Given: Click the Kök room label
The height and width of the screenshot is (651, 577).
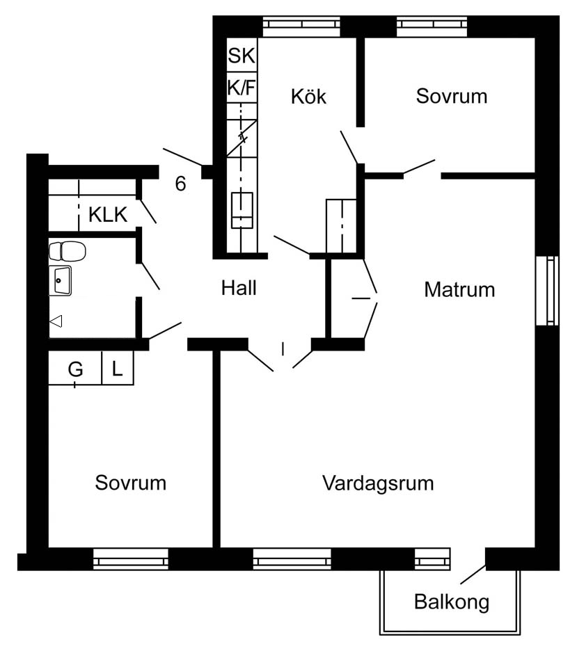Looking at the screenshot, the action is tap(308, 96).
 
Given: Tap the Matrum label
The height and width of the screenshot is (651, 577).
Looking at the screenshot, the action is tap(459, 289).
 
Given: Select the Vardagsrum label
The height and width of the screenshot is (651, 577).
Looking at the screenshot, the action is tap(378, 483).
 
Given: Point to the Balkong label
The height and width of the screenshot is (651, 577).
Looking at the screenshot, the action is tap(452, 602).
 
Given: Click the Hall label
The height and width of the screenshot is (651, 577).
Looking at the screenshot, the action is tap(239, 287).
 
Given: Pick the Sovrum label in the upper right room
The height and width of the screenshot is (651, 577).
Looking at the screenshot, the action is tap(452, 96).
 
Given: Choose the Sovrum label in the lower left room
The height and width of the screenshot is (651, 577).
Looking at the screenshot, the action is tap(131, 483).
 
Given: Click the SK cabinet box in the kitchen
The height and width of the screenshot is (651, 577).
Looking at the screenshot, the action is tap(242, 56).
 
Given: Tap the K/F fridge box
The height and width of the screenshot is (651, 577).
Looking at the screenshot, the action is tap(242, 88).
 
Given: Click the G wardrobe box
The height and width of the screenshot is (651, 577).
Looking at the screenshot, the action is tap(75, 369).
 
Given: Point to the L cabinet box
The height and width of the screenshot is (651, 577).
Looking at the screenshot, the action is tap(118, 369).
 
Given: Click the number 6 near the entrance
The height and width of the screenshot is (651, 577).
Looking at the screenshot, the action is tap(181, 184).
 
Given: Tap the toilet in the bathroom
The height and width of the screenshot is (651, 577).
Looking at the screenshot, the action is tap(67, 250).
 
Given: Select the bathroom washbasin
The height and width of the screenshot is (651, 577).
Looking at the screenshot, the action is tap(60, 280).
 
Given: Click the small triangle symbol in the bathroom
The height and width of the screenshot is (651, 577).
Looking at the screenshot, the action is tap(56, 321).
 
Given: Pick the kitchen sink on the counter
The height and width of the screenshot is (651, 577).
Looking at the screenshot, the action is tap(242, 210).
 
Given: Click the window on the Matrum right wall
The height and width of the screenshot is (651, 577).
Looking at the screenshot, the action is tap(552, 290).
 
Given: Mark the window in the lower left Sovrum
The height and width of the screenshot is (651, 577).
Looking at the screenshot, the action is tap(131, 559).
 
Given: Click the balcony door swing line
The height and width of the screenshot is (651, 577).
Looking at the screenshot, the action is tap(473, 575).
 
